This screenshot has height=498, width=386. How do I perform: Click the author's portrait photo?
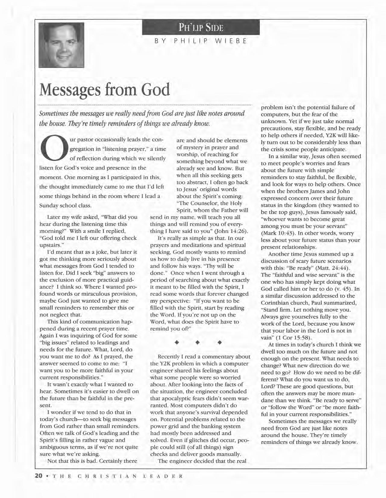[x=61, y=45]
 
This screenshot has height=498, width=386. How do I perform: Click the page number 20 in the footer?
[x=38, y=476]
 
